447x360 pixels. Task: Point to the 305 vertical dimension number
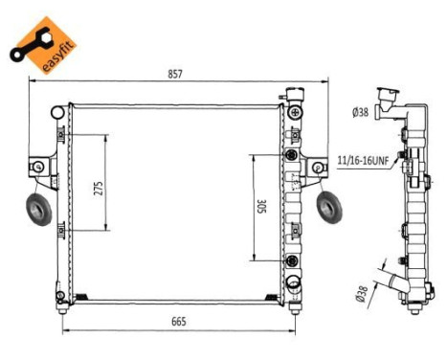tap(261, 208)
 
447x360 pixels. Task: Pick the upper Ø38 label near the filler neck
tap(361, 113)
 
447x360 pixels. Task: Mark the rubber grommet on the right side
tap(329, 204)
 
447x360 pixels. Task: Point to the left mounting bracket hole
tap(38, 169)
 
